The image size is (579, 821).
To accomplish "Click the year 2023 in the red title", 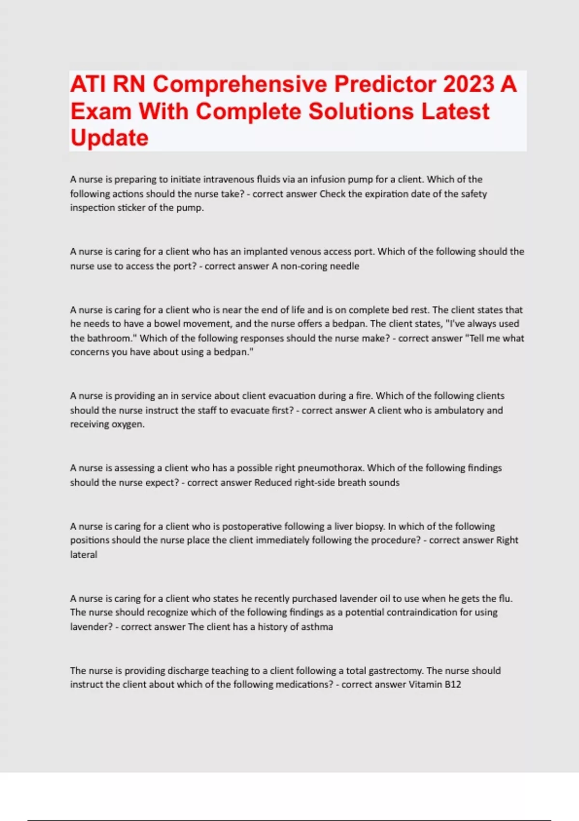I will tap(468, 84).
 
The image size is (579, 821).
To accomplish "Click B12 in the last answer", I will tap(453, 684).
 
